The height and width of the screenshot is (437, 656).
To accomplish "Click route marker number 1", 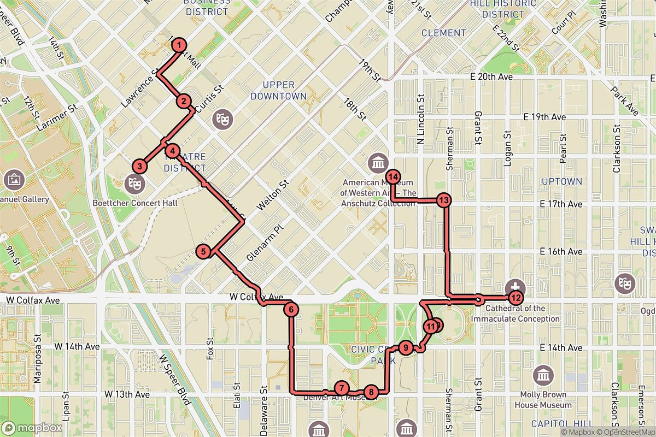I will (179, 46).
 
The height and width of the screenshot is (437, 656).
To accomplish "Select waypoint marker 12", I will (515, 298).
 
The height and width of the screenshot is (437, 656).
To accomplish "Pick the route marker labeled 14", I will (394, 176).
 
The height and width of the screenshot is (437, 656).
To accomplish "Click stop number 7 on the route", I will (341, 388).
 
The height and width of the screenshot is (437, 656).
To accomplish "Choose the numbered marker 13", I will (444, 200).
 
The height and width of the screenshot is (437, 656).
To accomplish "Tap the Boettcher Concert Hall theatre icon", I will (133, 182).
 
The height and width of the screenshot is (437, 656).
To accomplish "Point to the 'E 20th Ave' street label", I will (493, 77).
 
